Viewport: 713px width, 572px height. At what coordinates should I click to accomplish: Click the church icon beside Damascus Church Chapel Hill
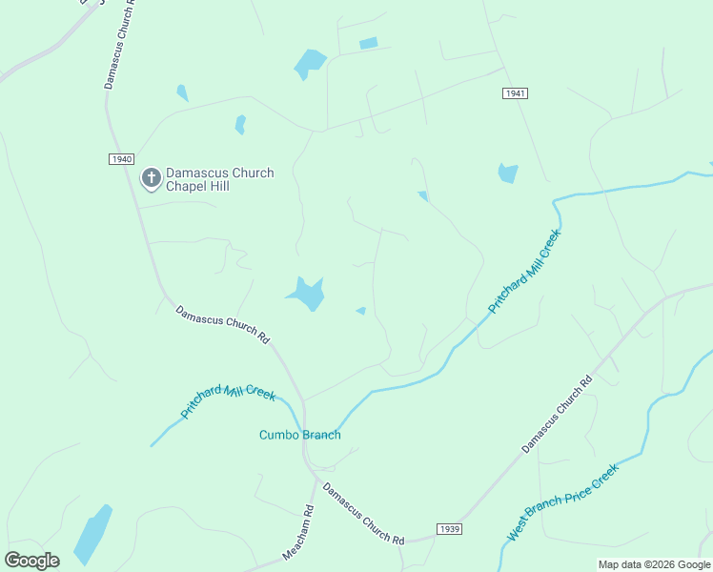(151, 178)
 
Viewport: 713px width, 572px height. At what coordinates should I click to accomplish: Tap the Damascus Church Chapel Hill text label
(219, 179)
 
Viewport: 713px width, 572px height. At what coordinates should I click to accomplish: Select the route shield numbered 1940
(121, 159)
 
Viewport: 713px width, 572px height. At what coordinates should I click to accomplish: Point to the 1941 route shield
(515, 93)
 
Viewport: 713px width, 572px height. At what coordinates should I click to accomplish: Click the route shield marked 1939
(450, 529)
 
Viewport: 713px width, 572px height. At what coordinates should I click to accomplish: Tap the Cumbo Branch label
(300, 436)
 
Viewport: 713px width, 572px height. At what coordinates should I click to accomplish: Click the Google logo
(31, 561)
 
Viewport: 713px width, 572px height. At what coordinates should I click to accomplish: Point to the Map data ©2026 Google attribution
(654, 564)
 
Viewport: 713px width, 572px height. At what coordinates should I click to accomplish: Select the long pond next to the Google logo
(92, 535)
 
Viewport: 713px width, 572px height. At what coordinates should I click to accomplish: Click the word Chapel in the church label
(187, 186)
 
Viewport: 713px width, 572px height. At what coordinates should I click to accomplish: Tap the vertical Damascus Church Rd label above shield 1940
(119, 45)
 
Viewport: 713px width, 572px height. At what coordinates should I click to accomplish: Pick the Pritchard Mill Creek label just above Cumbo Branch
(228, 400)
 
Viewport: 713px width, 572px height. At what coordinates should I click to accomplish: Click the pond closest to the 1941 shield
(507, 174)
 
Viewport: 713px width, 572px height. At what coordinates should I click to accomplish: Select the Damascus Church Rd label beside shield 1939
(363, 514)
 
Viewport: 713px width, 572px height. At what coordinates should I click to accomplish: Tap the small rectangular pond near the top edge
(368, 43)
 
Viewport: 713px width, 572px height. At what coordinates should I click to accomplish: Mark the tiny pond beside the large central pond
(360, 311)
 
